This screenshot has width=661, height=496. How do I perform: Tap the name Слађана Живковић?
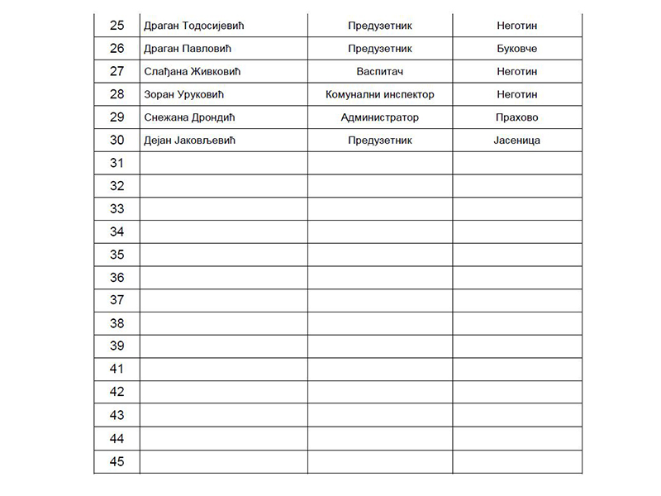coord(191,72)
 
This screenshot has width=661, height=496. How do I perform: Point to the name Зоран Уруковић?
coord(185,95)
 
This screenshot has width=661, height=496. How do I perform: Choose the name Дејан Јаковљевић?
coord(190,141)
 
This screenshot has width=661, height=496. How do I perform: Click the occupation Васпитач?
coord(380,72)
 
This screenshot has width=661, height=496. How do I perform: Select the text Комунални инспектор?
coord(380,95)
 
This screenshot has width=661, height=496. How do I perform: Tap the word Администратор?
coord(380,117)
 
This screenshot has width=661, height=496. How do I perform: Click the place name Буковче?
coord(517,49)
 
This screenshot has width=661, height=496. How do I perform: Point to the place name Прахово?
coord(517,117)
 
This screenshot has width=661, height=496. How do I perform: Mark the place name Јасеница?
coord(517,141)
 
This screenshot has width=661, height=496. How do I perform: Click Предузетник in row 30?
coord(380,141)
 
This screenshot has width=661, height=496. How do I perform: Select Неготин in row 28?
coord(517,95)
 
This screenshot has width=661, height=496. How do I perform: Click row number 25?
coord(117,26)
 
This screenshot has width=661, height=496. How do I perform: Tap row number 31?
coord(117,163)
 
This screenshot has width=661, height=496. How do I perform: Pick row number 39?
coord(117,346)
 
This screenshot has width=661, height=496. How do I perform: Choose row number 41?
coord(117,370)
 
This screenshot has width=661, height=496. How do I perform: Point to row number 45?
coord(117,461)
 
